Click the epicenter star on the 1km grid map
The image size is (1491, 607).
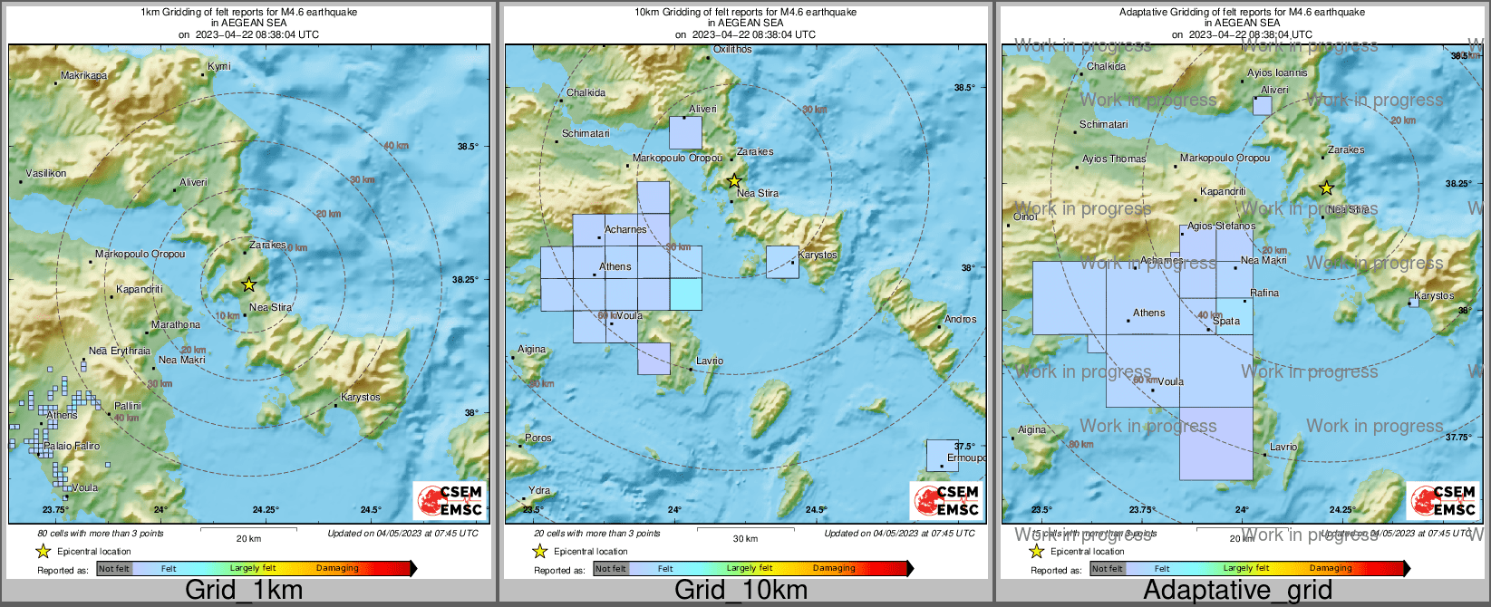coord(249,284)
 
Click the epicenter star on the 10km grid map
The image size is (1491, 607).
coord(734,181)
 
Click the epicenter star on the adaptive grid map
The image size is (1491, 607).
coord(1326,188)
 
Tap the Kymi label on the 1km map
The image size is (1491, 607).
coord(219,66)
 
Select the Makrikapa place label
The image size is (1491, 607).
coord(83,75)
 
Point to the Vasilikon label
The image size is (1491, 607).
coord(45,173)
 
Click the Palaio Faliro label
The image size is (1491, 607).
coord(72,446)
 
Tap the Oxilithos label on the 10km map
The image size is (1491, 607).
coord(732,49)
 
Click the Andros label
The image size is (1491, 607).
coord(961,319)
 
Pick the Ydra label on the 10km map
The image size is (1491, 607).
coord(539,490)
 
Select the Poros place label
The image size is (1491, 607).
coord(538,438)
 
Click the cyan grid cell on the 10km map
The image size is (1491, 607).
coord(685,294)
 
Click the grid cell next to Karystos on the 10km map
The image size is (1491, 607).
coord(781,262)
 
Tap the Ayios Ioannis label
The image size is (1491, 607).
coord(1277,72)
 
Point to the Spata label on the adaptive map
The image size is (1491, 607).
coord(1226,321)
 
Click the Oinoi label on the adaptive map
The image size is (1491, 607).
coord(1025,217)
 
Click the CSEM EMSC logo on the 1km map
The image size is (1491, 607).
coord(450,501)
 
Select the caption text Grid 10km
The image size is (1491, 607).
coord(741,590)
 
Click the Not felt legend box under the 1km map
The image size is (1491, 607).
coord(114,568)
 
